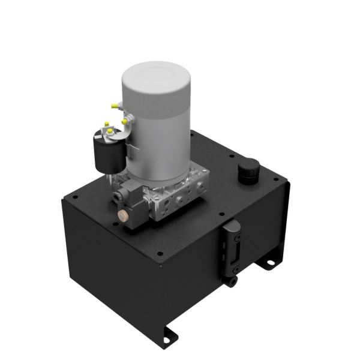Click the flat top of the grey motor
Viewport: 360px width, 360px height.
pos(156,79)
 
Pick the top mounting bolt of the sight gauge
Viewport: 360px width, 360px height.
pos(232,226)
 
